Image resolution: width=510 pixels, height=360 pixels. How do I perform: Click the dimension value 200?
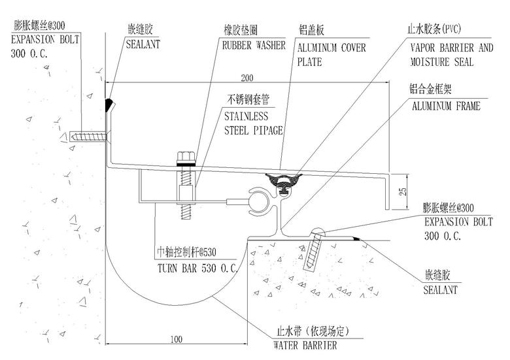[246, 78]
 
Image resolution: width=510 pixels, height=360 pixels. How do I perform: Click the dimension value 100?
[175, 339]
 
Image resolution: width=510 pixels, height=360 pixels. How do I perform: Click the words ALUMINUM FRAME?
[445, 105]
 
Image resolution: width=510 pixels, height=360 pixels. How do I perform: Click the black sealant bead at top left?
[110, 103]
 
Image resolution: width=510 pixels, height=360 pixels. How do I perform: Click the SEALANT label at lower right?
[440, 289]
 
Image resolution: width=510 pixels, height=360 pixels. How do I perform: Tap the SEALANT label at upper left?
[143, 45]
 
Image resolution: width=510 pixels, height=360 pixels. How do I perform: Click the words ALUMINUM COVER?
[331, 48]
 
